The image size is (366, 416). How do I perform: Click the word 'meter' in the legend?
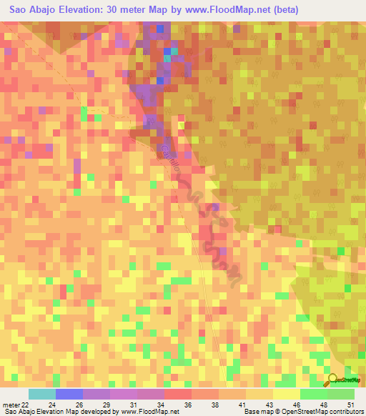tap(10, 405)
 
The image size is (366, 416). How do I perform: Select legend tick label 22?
tap(26, 405)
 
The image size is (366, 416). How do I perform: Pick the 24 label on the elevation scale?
tap(51, 405)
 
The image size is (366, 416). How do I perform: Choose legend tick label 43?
tap(268, 405)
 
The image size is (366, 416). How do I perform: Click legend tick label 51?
tap(350, 405)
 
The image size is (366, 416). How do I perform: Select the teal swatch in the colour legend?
tap(41, 394)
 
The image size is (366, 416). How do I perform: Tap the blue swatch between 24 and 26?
tap(69, 394)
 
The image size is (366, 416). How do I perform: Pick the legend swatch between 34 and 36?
tap(177, 394)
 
